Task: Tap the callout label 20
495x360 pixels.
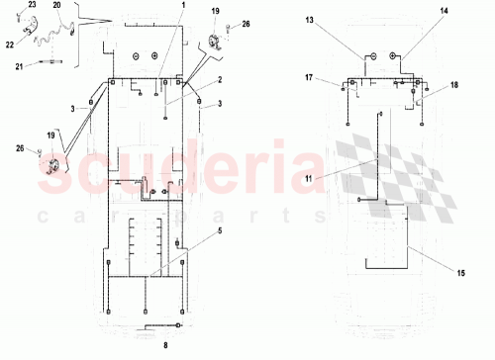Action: (x=56, y=6)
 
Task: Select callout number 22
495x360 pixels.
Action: (x=9, y=45)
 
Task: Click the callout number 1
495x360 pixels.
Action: (x=182, y=7)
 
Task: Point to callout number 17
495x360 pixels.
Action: (x=309, y=76)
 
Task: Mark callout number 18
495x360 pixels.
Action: (x=454, y=86)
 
